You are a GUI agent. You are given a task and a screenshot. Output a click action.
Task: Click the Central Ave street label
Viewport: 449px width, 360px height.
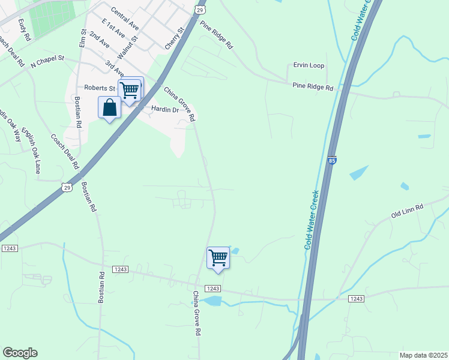click(125, 19)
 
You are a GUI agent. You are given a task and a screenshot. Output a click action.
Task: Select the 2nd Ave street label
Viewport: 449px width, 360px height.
click(99, 40)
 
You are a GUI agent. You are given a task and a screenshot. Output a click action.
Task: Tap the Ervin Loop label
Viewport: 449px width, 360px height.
click(309, 65)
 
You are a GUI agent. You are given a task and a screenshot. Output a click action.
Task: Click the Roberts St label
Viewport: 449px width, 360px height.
click(99, 88)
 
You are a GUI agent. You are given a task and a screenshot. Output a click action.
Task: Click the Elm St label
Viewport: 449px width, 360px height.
click(83, 37)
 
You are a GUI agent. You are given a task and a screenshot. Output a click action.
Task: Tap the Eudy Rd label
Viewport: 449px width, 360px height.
click(24, 29)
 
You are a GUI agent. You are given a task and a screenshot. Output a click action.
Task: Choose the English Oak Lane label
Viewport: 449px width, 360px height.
click(31, 150)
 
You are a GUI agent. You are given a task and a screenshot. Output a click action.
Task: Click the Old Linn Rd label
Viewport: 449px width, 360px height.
click(407, 210)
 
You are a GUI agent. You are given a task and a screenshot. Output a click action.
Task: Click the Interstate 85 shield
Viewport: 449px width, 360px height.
click(332, 160)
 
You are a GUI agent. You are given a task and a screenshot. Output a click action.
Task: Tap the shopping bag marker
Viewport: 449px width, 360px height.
click(109, 108)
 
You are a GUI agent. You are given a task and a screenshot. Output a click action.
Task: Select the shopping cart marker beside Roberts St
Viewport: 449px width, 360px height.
click(130, 90)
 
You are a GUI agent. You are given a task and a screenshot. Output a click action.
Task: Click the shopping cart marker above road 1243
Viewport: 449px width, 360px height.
click(218, 257)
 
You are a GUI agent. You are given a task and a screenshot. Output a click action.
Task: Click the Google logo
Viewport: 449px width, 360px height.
click(20, 353)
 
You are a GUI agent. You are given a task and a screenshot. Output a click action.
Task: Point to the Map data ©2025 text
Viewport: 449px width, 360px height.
click(423, 355)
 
